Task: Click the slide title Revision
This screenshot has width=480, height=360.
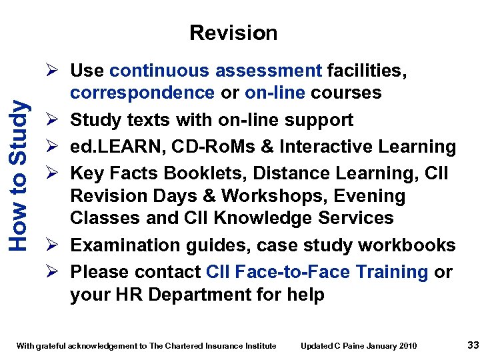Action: coord(233,33)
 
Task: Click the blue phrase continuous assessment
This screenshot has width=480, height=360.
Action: coord(216,71)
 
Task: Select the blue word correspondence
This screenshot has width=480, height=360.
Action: coord(143,93)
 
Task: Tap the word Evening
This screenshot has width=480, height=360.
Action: coord(373,196)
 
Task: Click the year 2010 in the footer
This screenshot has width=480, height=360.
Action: coord(407,345)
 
